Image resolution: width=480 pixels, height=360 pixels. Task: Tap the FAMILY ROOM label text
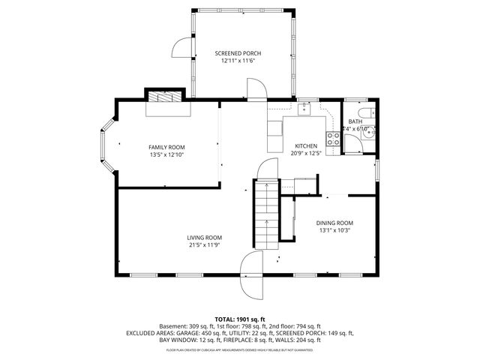166,147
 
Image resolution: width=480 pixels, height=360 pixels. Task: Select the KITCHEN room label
306,145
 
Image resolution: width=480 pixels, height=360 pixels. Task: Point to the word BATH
355,121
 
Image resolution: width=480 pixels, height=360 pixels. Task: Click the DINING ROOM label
334,223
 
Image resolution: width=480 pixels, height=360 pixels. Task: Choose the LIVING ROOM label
204,238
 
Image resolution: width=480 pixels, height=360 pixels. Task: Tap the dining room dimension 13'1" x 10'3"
334,230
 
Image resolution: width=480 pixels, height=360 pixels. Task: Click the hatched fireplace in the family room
163,97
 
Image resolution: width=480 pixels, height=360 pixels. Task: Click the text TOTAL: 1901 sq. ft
240,319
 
